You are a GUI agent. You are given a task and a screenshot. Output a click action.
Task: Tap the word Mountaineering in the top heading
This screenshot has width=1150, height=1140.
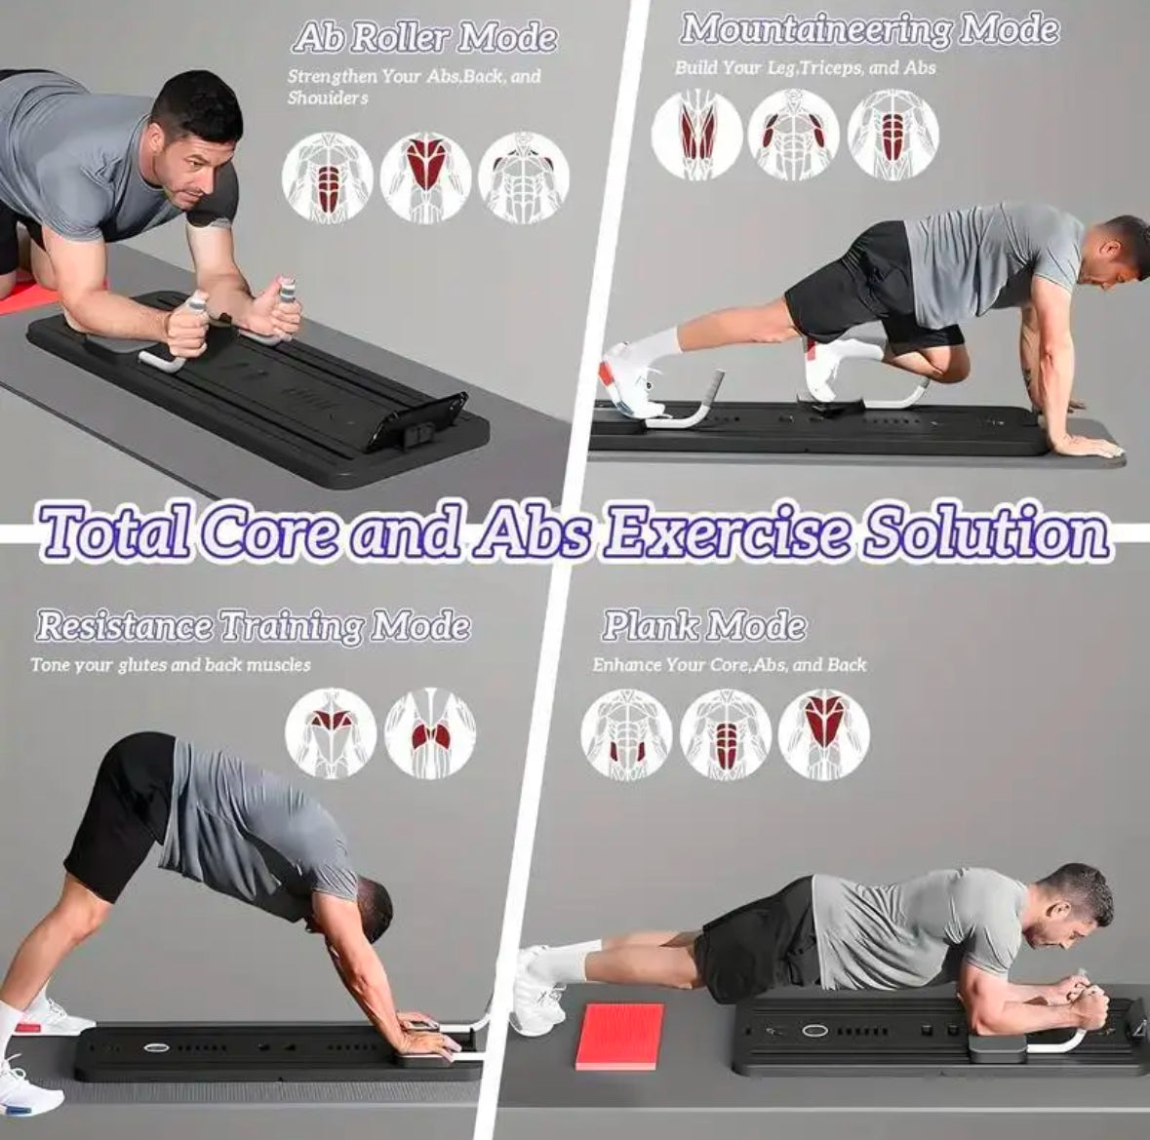tap(815, 29)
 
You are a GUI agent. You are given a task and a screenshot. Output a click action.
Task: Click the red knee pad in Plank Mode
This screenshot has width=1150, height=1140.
tap(620, 1037)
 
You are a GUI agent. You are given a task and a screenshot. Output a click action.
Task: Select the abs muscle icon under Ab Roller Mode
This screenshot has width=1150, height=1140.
tap(328, 177)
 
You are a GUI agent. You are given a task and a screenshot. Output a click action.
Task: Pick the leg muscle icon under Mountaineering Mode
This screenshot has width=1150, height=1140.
tap(696, 135)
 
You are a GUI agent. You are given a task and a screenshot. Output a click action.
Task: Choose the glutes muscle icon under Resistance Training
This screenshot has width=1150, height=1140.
tap(430, 734)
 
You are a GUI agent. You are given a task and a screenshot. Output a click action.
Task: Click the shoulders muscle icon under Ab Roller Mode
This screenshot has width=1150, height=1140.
tap(524, 177)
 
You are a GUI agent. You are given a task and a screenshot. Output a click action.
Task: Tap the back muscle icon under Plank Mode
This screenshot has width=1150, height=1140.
tap(823, 734)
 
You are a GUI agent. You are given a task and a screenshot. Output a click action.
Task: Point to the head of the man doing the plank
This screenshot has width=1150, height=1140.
tap(1072, 908)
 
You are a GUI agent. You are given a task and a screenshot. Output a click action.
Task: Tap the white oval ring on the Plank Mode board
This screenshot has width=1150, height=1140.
tap(813, 1031)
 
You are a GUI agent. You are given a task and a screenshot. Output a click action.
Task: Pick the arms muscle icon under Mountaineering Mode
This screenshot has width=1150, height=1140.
tap(794, 135)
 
